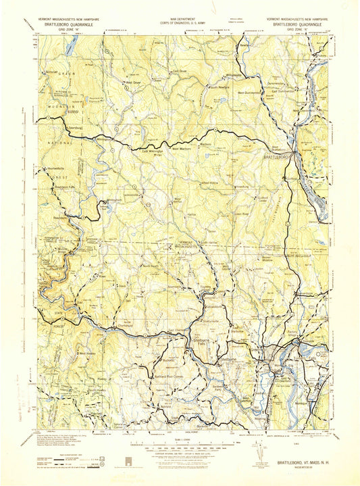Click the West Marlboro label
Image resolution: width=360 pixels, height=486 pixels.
click(x=178, y=149)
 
